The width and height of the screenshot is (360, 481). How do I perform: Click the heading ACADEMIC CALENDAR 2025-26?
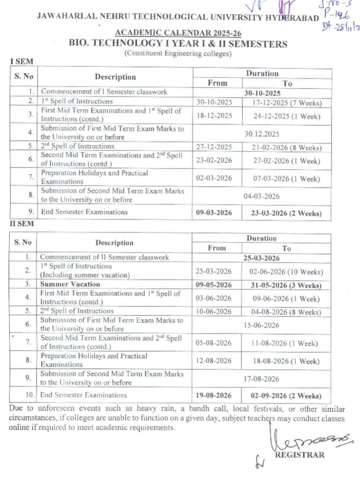pyautogui.click(x=178, y=33)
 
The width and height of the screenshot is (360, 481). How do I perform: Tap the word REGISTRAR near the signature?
pyautogui.click(x=299, y=455)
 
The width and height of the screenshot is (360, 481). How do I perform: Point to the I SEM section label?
pyautogui.click(x=22, y=61)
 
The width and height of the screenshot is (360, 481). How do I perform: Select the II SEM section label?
pyautogui.click(x=22, y=224)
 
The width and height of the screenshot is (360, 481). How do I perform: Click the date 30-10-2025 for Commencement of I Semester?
pyautogui.click(x=262, y=93)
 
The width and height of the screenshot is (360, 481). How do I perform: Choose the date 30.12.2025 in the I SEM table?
pyautogui.click(x=262, y=134)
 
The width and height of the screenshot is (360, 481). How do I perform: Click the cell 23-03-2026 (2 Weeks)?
pyautogui.click(x=286, y=213)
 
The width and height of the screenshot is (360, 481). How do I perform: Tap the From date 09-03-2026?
pyautogui.click(x=214, y=212)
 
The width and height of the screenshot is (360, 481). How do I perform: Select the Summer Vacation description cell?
pyautogui.click(x=70, y=284)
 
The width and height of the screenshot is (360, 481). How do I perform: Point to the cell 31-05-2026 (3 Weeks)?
pyautogui.click(x=286, y=285)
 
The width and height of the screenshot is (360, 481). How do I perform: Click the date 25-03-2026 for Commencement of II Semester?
pyautogui.click(x=262, y=258)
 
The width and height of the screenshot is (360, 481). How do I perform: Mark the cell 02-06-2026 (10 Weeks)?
pyautogui.click(x=286, y=272)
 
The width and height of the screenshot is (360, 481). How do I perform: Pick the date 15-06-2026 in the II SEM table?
pyautogui.click(x=261, y=325)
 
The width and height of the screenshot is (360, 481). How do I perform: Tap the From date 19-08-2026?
pyautogui.click(x=213, y=395)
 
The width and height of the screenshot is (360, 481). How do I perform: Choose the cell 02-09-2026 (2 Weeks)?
pyautogui.click(x=286, y=396)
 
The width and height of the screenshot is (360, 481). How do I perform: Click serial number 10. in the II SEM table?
pyautogui.click(x=30, y=395)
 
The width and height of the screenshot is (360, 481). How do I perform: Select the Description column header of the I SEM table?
pyautogui.click(x=115, y=77)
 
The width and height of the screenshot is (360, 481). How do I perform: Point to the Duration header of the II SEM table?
pyautogui.click(x=262, y=238)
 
